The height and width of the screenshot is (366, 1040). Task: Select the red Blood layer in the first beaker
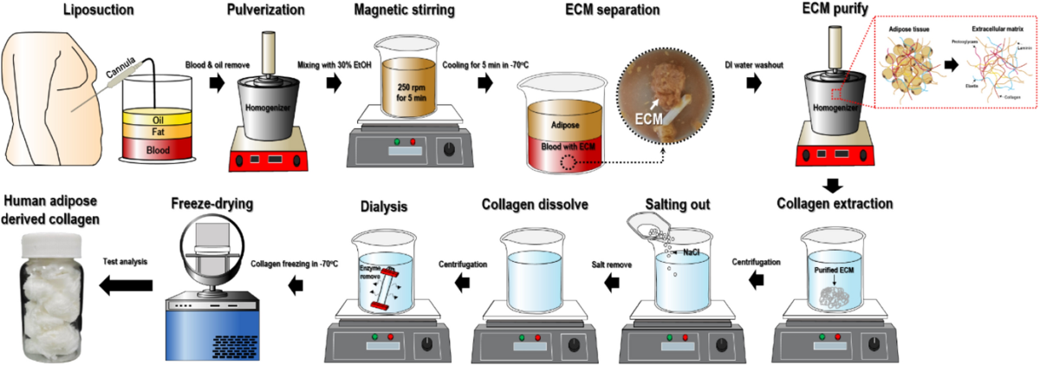pyautogui.click(x=157, y=148)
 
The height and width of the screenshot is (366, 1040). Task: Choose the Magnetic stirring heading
pyautogui.click(x=406, y=11)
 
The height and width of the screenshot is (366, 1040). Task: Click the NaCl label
pyautogui.click(x=693, y=250)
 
